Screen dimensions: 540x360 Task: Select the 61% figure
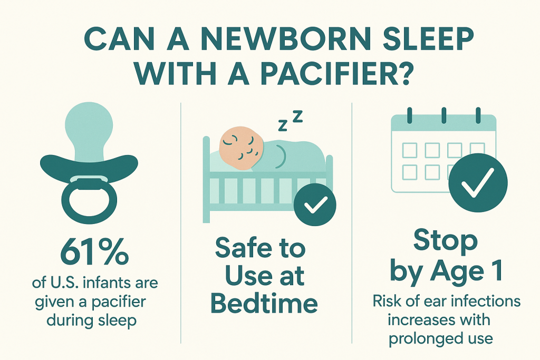pyautogui.click(x=94, y=253)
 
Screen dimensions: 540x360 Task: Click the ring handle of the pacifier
pyautogui.click(x=89, y=201)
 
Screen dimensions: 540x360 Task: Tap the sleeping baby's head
pyautogui.click(x=242, y=148)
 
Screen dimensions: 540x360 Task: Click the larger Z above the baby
pyautogui.click(x=297, y=116)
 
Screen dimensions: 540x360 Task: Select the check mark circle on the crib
pyautogui.click(x=315, y=205)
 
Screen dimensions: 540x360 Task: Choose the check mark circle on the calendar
pyautogui.click(x=478, y=182)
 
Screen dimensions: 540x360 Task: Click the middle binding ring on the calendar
pyautogui.click(x=443, y=115)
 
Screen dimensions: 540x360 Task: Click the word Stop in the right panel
pyautogui.click(x=446, y=241)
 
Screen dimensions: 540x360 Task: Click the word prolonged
pyautogui.click(x=420, y=339)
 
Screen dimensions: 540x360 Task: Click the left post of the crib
pyautogui.click(x=206, y=179)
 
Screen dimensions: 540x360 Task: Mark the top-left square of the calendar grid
pyautogui.click(x=410, y=150)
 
